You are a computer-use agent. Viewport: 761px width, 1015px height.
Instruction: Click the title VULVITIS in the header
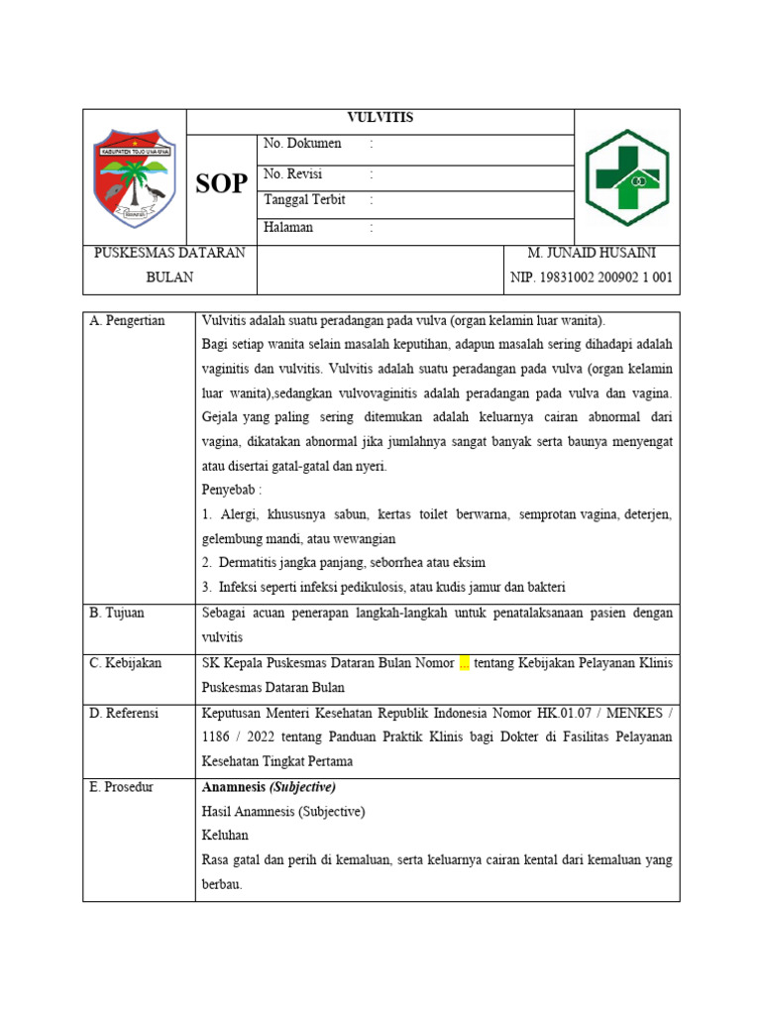[x=380, y=118]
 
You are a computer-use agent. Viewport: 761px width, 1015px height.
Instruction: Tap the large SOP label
[x=221, y=183]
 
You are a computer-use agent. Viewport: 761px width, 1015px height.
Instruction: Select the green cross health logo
[x=627, y=177]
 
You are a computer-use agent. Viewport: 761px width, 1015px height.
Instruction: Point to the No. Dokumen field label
[x=302, y=144]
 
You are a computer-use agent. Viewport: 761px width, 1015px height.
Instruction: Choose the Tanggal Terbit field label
[x=304, y=199]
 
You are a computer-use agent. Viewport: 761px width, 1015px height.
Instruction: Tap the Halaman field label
[x=288, y=227]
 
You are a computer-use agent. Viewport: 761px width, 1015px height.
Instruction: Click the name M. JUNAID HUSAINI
[x=592, y=253]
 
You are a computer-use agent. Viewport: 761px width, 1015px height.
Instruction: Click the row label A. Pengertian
[x=128, y=320]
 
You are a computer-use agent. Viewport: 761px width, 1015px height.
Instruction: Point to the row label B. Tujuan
[x=117, y=613]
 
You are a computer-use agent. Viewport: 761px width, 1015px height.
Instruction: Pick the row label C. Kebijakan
[x=125, y=662]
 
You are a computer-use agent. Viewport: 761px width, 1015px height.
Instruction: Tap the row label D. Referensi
[x=124, y=713]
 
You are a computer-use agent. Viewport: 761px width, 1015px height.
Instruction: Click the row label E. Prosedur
[x=121, y=787]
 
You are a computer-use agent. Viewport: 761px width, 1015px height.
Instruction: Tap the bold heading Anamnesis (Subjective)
[x=269, y=787]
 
